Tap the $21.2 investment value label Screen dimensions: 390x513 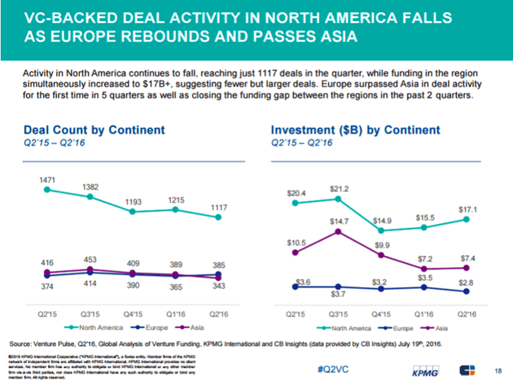click(339, 189)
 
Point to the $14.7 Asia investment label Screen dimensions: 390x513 click(338, 221)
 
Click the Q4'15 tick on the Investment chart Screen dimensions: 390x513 click(380, 313)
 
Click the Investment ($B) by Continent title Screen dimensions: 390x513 click(356, 130)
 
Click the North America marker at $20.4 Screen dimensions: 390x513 click(294, 203)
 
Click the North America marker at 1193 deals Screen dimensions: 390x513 click(133, 211)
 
